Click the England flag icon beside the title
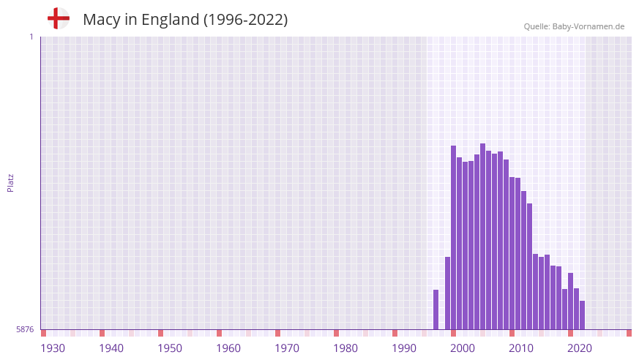pos(59,18)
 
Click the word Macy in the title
pos(102,20)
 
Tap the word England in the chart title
pos(169,20)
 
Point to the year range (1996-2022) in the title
pos(245,20)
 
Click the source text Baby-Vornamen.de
pos(588,26)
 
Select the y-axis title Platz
pos(10,182)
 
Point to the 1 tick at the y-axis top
pos(31,37)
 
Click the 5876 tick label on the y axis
pos(25,329)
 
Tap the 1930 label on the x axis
pos(53,348)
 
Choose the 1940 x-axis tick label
pos(111,348)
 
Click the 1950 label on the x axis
pos(170,348)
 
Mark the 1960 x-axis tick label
pos(228,348)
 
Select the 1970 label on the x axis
pos(287,348)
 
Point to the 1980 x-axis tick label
pos(345,348)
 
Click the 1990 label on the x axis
pos(404,348)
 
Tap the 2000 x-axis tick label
pos(463,348)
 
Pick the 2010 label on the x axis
pos(521,348)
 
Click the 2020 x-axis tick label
pos(580,348)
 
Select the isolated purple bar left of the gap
pos(436,310)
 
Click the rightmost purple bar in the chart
pos(582,315)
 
